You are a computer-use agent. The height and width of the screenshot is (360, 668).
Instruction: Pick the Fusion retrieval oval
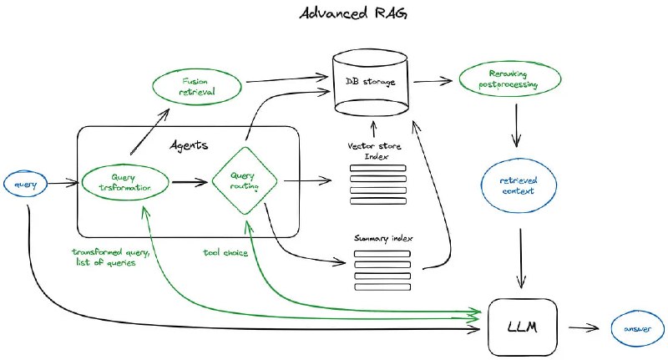[x=196, y=87]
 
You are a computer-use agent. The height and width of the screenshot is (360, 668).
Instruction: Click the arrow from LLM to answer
[x=585, y=327]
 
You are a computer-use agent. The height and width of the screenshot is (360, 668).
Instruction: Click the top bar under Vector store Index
[x=376, y=168]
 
